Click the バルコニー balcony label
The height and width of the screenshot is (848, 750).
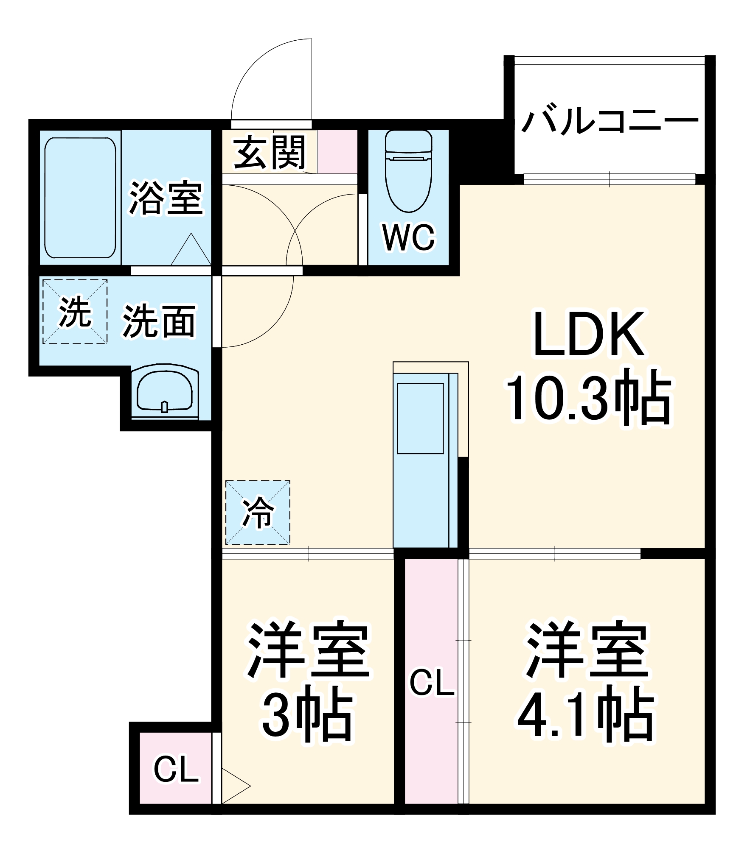coord(610,122)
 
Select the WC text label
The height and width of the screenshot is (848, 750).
coord(408,237)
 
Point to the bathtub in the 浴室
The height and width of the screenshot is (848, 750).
coord(80,198)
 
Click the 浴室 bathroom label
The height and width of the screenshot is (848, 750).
coord(166,198)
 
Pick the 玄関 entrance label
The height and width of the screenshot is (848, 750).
coord(270,152)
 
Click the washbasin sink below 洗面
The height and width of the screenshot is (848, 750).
coord(165,390)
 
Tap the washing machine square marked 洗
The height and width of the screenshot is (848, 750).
coord(75,312)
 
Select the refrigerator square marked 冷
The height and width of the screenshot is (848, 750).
coord(258,512)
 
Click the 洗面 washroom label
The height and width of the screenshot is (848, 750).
coord(159,321)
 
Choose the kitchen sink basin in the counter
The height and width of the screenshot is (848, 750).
coord(420,418)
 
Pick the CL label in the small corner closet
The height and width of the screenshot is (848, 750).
coord(176,770)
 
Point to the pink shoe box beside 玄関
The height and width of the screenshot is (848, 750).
coord(337,151)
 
